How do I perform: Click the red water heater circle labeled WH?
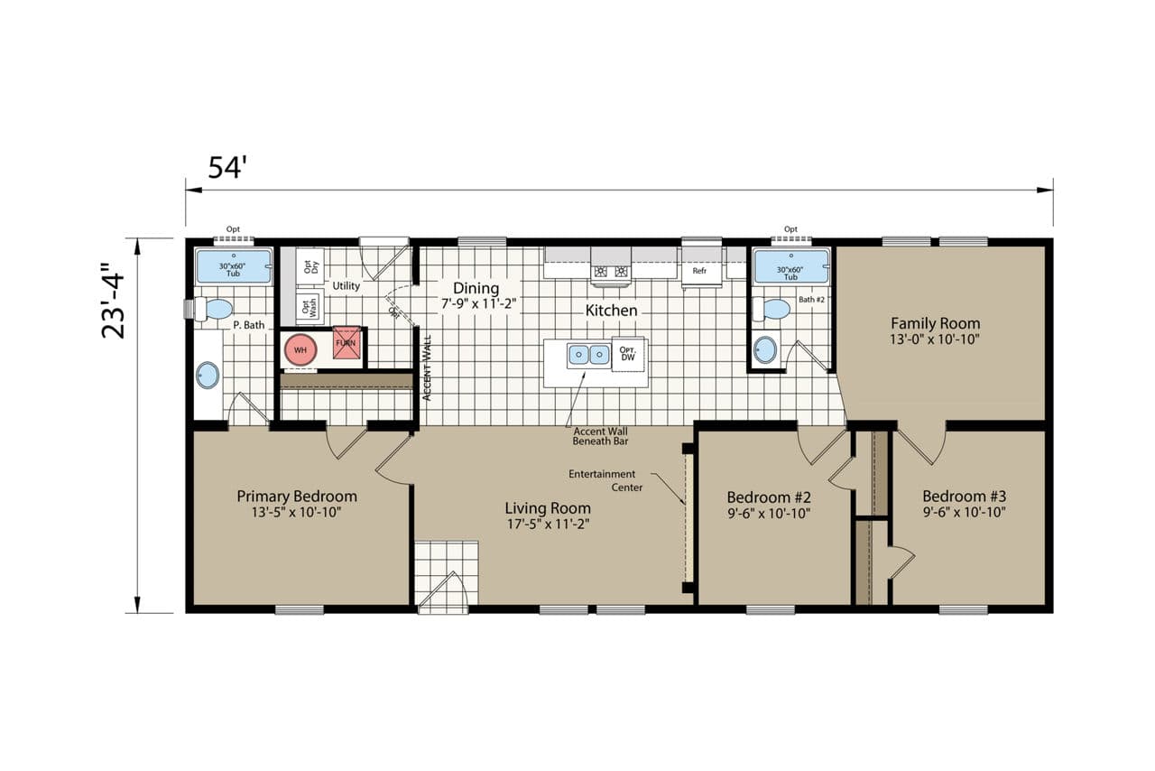(x=300, y=350)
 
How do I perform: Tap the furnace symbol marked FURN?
(x=346, y=342)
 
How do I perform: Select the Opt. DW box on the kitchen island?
(x=628, y=354)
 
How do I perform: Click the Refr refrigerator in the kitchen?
(x=699, y=269)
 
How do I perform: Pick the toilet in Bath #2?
(x=772, y=309)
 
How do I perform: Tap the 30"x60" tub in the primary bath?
(x=233, y=266)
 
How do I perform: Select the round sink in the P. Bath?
(x=208, y=376)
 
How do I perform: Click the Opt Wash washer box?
(x=310, y=307)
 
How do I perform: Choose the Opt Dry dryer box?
(x=310, y=266)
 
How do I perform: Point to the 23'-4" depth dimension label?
(x=113, y=301)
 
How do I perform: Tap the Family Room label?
(x=936, y=323)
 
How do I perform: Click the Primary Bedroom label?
(x=297, y=497)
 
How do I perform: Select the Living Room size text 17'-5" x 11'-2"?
(x=548, y=525)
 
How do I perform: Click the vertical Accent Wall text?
(x=427, y=368)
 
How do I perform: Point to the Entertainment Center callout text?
(x=605, y=480)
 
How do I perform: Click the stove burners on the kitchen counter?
(x=611, y=272)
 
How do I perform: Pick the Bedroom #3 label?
(x=965, y=497)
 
